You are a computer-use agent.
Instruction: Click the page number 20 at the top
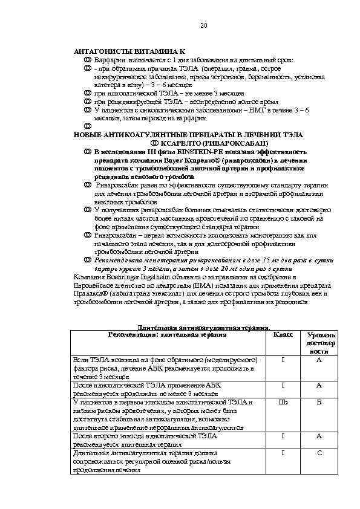(x=203, y=25)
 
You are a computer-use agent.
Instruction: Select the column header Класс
(x=283, y=334)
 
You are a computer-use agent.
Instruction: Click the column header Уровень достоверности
(x=318, y=342)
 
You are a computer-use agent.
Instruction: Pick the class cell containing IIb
(x=283, y=401)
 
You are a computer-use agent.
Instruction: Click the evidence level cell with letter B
(x=318, y=401)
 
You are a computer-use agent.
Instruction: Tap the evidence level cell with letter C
(x=318, y=452)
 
